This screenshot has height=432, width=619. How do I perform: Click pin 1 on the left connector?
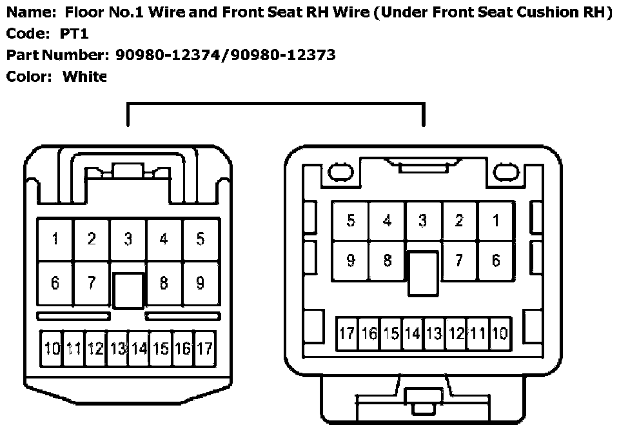(x=55, y=240)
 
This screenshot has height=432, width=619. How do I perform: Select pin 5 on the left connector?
(x=201, y=240)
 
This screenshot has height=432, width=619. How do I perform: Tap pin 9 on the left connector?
(x=201, y=282)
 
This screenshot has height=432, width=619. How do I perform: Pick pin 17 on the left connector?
(x=204, y=349)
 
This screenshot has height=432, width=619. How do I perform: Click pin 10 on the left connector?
(x=52, y=349)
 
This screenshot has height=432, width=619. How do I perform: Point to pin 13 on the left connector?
(x=117, y=349)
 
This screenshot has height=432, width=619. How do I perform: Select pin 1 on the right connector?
(x=495, y=221)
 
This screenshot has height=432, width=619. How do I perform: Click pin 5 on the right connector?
(x=350, y=221)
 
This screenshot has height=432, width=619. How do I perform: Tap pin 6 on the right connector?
(x=495, y=260)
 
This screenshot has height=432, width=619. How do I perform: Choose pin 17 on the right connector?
(x=347, y=333)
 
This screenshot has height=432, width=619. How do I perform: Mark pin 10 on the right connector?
(x=499, y=333)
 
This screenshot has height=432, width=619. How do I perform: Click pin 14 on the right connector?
(x=412, y=333)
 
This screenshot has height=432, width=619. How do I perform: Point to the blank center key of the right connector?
(x=423, y=273)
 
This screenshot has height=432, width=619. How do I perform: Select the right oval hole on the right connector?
(x=506, y=172)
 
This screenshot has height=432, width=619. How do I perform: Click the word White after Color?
(x=84, y=77)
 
